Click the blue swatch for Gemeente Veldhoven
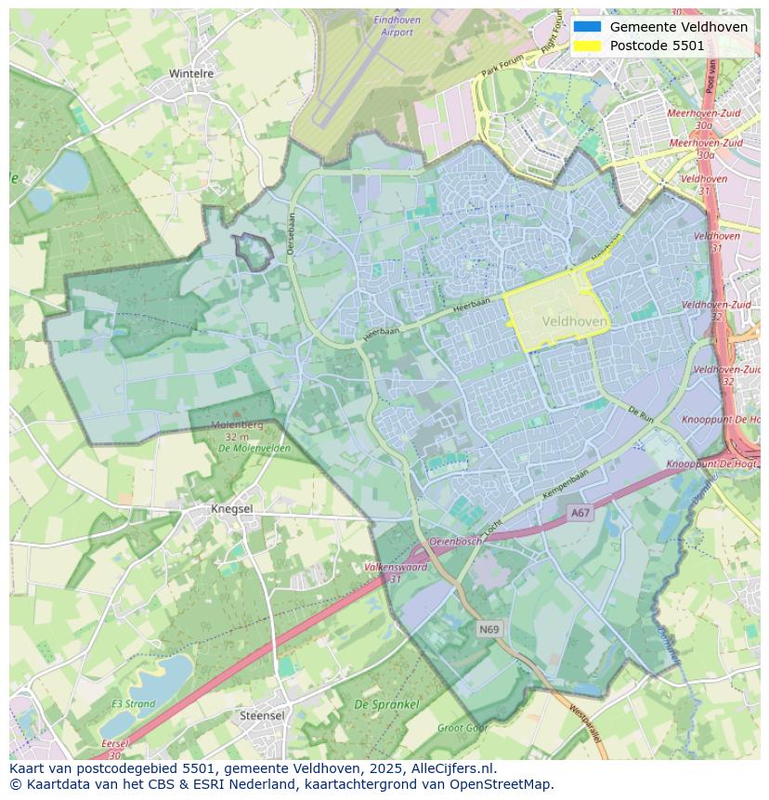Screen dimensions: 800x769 [587, 27]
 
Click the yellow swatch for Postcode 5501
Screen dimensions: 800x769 [587, 46]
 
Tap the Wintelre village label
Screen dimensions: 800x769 [191, 73]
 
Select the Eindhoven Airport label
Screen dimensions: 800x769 [397, 26]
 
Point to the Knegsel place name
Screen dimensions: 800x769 [232, 509]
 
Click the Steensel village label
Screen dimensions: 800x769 [262, 716]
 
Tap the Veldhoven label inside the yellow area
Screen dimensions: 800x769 [574, 321]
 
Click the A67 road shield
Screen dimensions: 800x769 [580, 513]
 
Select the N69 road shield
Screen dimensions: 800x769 [489, 630]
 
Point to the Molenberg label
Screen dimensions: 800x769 [237, 425]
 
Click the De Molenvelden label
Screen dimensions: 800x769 [254, 448]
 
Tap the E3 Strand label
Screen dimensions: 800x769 [134, 704]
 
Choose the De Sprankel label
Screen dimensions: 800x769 [386, 705]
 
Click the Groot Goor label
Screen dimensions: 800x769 [462, 728]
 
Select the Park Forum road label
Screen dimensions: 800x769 [502, 65]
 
